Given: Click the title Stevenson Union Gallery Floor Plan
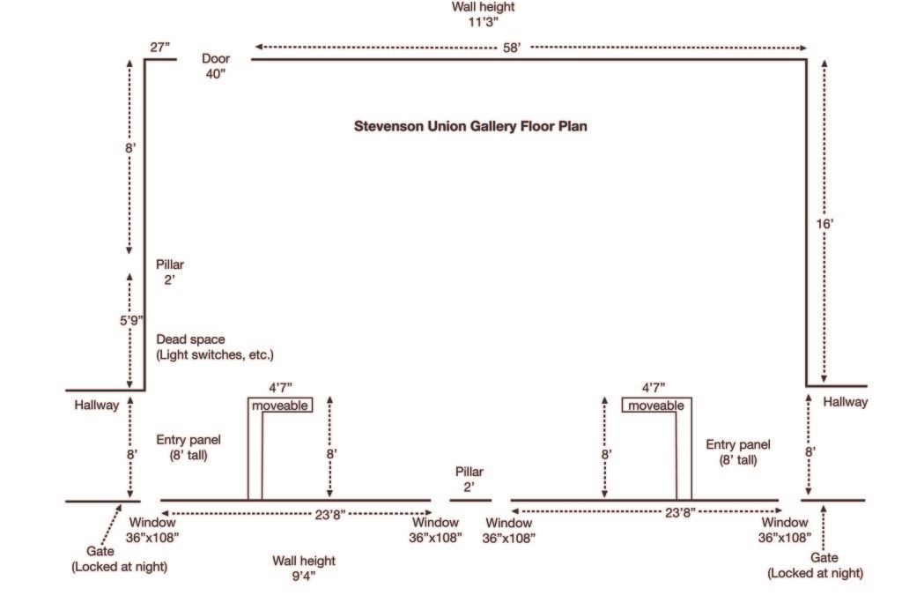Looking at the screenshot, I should pyautogui.click(x=470, y=126).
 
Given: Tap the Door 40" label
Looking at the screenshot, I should pyautogui.click(x=216, y=66).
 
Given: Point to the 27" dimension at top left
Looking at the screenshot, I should pyautogui.click(x=159, y=47).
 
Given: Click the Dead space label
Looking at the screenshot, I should pyautogui.click(x=215, y=346).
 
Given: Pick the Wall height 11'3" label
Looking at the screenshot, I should pyautogui.click(x=484, y=14).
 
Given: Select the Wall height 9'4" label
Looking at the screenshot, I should pyautogui.click(x=305, y=568).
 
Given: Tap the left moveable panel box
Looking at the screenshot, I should pyautogui.click(x=281, y=406).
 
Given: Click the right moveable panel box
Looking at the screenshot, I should pyautogui.click(x=655, y=406).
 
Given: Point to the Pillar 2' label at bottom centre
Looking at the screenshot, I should pyautogui.click(x=469, y=479).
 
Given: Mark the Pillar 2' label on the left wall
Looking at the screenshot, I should pyautogui.click(x=170, y=272).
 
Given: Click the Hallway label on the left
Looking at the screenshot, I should pyautogui.click(x=95, y=406).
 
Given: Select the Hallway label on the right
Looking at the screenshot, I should pyautogui.click(x=846, y=402).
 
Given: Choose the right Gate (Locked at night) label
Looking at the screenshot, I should pyautogui.click(x=815, y=565).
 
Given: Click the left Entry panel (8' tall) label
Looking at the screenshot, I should pyautogui.click(x=189, y=447).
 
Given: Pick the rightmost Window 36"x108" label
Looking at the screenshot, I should pyautogui.click(x=785, y=529).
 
